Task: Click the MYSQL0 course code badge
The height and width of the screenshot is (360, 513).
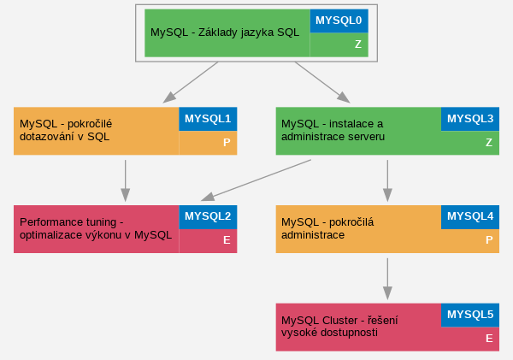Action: tap(339, 21)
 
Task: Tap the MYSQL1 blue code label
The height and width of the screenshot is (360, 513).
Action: tap(208, 119)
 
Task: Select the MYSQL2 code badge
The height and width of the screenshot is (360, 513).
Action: tap(208, 217)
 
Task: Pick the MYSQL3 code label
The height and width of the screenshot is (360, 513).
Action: tap(470, 119)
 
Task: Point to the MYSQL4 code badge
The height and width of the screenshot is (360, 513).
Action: tap(470, 217)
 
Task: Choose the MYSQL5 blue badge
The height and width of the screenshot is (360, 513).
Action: tap(470, 315)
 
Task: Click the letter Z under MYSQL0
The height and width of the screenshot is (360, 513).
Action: tap(358, 44)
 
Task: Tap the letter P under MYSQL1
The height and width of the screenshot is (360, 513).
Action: tap(227, 142)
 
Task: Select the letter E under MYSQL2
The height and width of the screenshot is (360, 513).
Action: tap(227, 240)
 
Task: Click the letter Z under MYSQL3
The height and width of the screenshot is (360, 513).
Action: tap(489, 142)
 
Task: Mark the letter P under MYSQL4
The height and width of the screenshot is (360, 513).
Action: tap(489, 240)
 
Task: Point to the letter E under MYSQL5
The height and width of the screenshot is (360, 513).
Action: tap(489, 338)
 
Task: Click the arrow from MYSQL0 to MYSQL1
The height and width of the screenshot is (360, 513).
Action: tap(191, 82)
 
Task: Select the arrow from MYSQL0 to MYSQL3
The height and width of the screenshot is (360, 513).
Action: tap(322, 82)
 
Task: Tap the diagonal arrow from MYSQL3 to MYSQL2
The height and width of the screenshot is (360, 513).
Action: tap(256, 180)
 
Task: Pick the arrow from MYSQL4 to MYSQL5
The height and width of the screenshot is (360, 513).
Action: tap(387, 279)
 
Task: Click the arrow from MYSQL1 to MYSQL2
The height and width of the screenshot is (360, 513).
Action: tap(126, 180)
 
